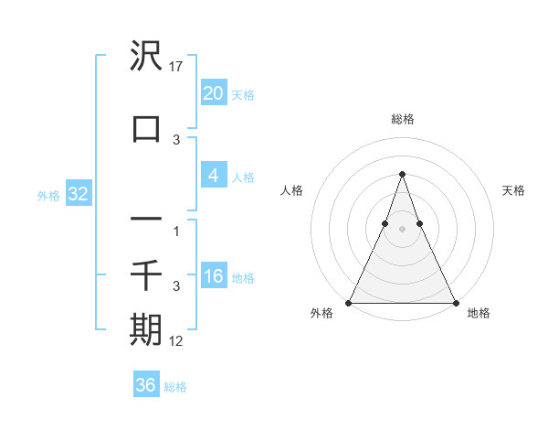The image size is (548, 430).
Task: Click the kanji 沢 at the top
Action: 146,57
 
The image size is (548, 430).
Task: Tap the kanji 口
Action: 146,128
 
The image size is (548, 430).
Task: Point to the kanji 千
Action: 146,274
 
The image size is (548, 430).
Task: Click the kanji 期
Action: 146,328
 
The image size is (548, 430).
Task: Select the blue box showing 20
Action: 213,93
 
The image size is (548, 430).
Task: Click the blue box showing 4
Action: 213,176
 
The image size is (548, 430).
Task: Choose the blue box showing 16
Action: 213,276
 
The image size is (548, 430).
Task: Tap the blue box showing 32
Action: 77,194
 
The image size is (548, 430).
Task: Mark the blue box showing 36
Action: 145,385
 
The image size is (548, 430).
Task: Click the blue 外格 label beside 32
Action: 48,195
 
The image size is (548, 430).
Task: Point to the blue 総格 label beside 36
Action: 175,387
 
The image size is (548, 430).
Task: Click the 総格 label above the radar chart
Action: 402,119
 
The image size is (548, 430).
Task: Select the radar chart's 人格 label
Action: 292,190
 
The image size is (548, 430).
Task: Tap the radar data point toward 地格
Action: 455,302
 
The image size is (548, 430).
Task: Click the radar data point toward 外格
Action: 349,302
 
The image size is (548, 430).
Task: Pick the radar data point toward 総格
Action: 402,173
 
